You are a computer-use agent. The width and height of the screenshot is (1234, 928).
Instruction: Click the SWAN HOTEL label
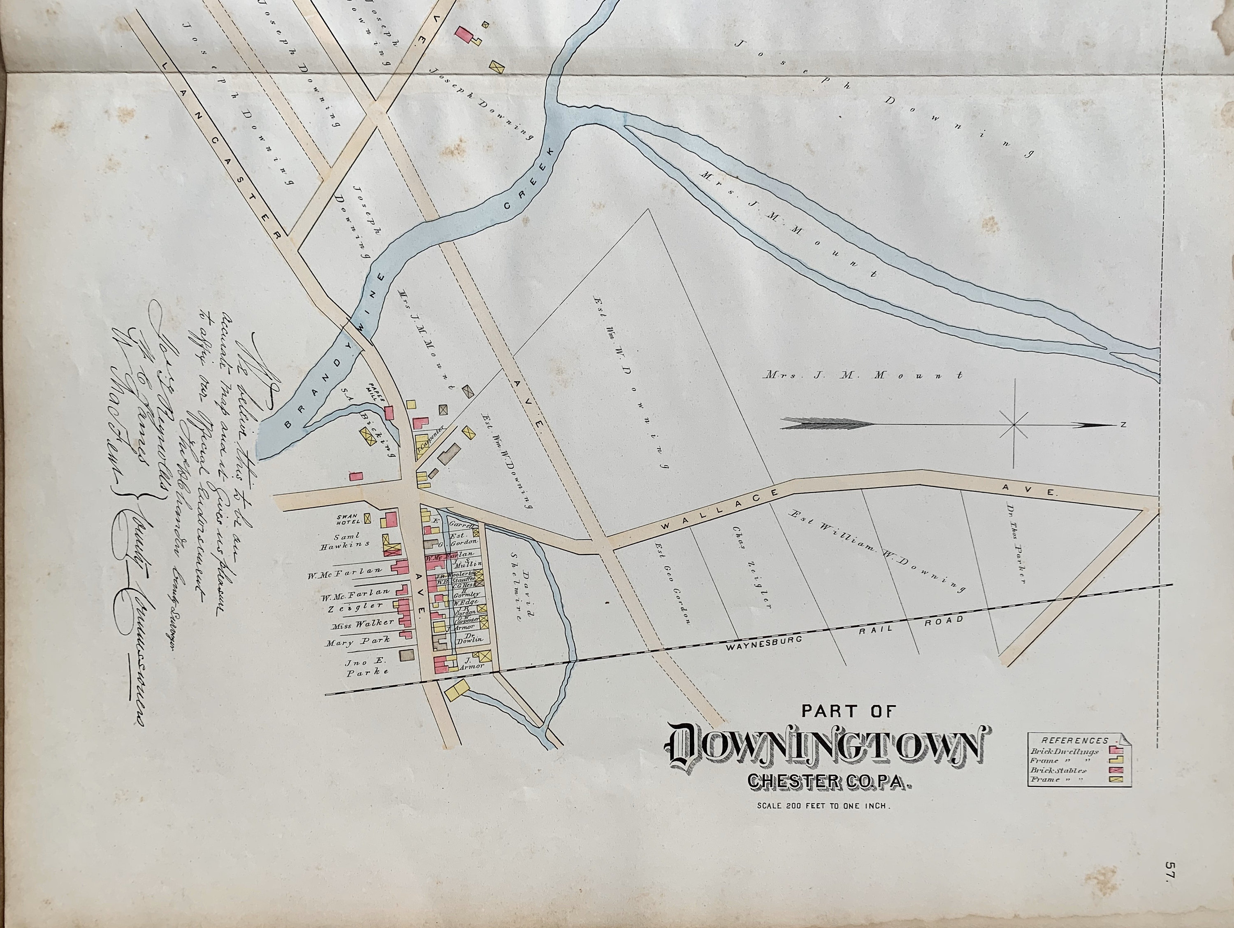point(348,519)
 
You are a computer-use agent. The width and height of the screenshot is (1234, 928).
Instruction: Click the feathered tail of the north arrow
point(826,424)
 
